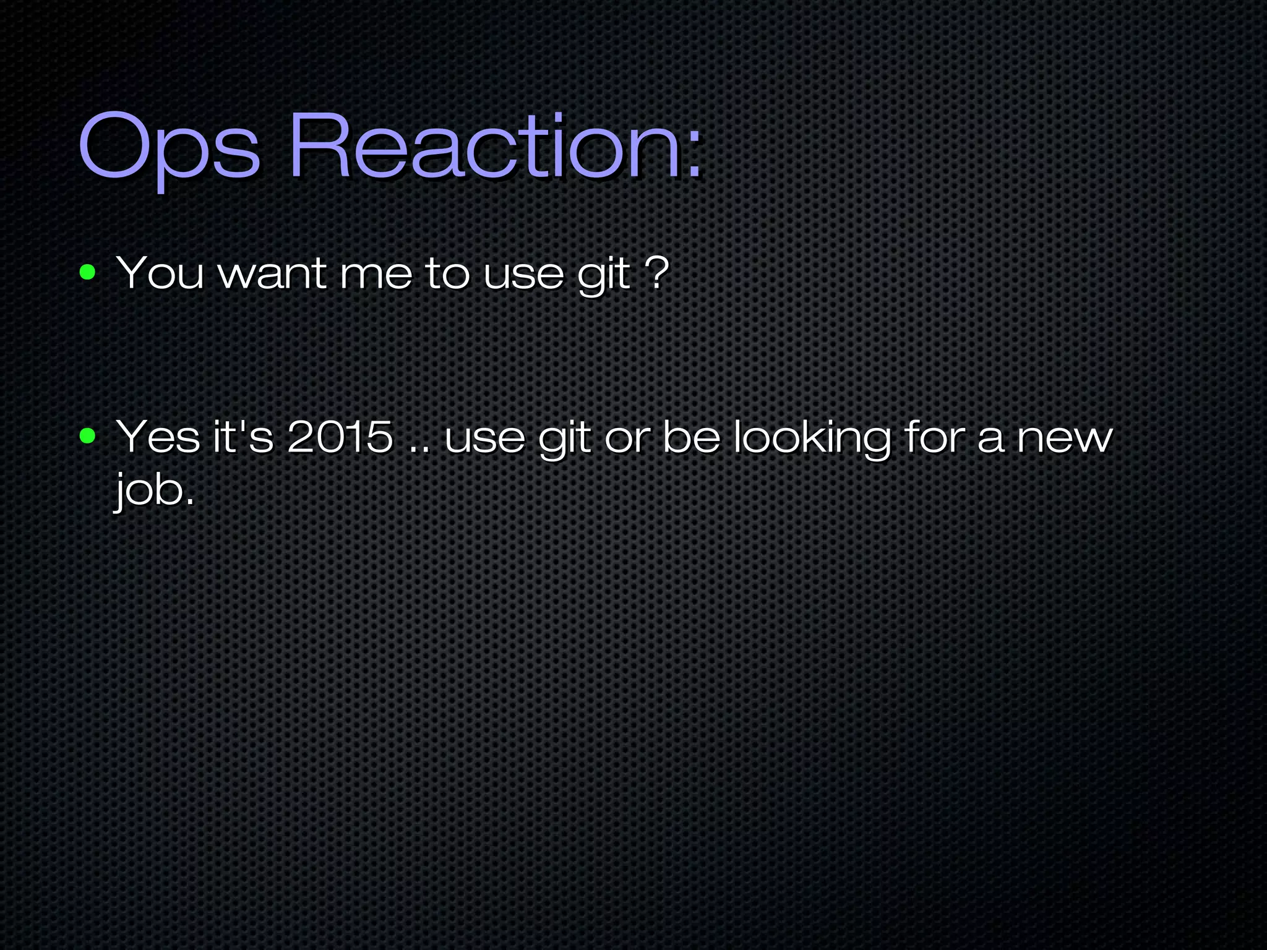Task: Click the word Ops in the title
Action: pos(168,148)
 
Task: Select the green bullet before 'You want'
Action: pos(88,272)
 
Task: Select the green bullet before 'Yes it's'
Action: pos(88,437)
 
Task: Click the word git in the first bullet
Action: pos(604,275)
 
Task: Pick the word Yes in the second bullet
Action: pos(157,437)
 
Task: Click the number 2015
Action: pos(340,437)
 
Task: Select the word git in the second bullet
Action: pos(564,439)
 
